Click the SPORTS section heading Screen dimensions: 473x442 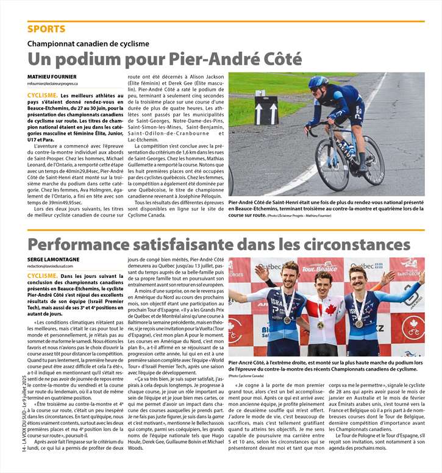46,29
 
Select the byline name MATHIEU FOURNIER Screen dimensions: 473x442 52,76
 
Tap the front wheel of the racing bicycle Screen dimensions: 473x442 372,160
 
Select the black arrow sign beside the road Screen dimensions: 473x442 266,111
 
